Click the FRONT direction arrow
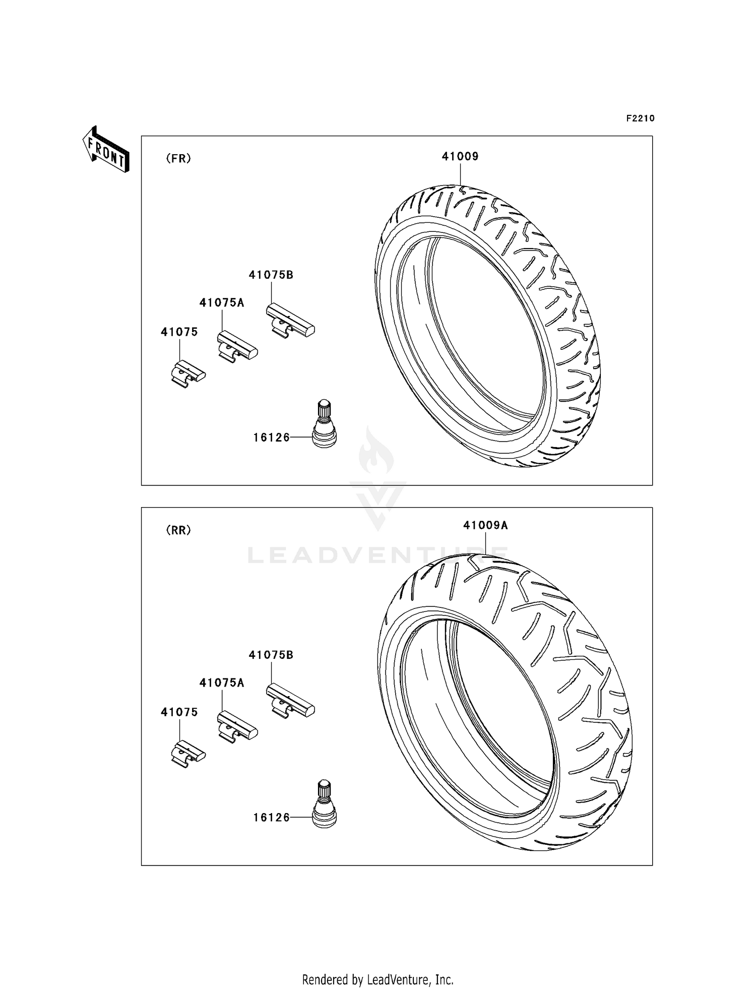[106, 150]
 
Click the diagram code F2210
[640, 118]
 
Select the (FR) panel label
[178, 159]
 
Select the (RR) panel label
[178, 530]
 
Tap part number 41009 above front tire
[460, 156]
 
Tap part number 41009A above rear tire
[485, 525]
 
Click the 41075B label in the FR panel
[271, 275]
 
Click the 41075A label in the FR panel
[222, 303]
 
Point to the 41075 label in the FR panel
[179, 332]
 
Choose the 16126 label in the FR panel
[272, 438]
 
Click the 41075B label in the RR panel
[271, 655]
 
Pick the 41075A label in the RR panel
[222, 683]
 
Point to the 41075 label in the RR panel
[179, 712]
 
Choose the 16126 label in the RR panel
[272, 818]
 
